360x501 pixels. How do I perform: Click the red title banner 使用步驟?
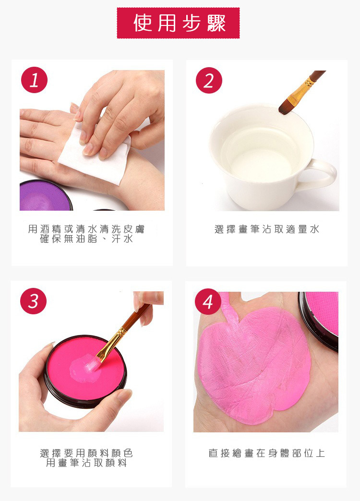pos(178,23)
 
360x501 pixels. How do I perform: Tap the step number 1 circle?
pos(34,80)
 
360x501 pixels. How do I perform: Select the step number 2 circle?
pos(209,80)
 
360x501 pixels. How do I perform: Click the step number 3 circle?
pos(33,301)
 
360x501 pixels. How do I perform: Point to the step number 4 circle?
pos(208,302)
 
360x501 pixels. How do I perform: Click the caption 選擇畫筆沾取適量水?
pos(267,229)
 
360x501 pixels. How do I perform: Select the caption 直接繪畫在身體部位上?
pos(267,453)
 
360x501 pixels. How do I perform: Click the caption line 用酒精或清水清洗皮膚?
pos(86,229)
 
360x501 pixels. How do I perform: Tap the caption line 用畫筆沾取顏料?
pos(86,463)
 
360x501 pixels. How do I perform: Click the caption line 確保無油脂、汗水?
pos(86,239)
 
